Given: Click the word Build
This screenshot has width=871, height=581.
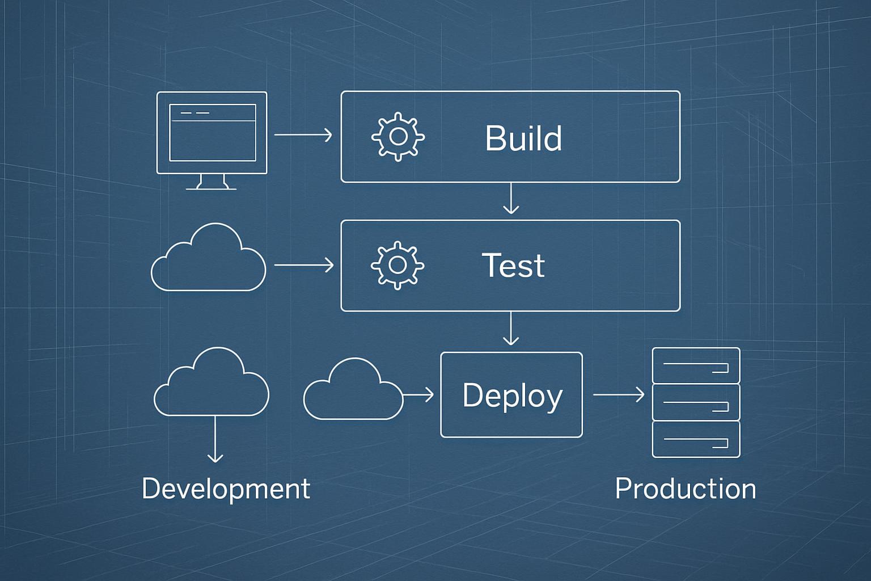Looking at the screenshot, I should [523, 138].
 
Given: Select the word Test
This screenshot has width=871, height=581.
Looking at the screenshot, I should [513, 266].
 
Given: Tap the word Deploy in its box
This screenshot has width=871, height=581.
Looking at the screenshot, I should [511, 395].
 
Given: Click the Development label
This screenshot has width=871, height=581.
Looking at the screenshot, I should [226, 489].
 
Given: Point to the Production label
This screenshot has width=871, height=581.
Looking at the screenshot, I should [685, 489].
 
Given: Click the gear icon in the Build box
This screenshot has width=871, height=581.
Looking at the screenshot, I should [398, 137].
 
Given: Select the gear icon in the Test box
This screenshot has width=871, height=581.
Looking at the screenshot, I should [398, 265].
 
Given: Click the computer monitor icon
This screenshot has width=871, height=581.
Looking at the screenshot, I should [212, 133].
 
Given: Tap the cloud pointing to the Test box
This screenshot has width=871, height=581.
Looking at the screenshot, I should [208, 261].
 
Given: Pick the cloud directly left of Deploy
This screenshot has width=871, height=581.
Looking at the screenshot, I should [353, 391].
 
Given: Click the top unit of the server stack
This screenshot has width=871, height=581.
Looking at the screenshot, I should [696, 366].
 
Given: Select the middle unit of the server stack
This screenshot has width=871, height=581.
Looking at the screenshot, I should [696, 402].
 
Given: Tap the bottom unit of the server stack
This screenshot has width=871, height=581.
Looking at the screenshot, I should [696, 439].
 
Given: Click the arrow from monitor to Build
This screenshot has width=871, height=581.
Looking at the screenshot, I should [303, 135].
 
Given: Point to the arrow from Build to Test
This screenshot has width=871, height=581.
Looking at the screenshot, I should [511, 199].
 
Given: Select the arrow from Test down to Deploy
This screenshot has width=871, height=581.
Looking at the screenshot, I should [511, 329].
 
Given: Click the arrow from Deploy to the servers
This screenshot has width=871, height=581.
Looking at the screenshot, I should [619, 394].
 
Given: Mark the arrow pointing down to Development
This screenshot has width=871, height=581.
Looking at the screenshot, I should [215, 439].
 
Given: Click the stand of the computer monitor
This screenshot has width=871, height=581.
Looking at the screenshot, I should [212, 182].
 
